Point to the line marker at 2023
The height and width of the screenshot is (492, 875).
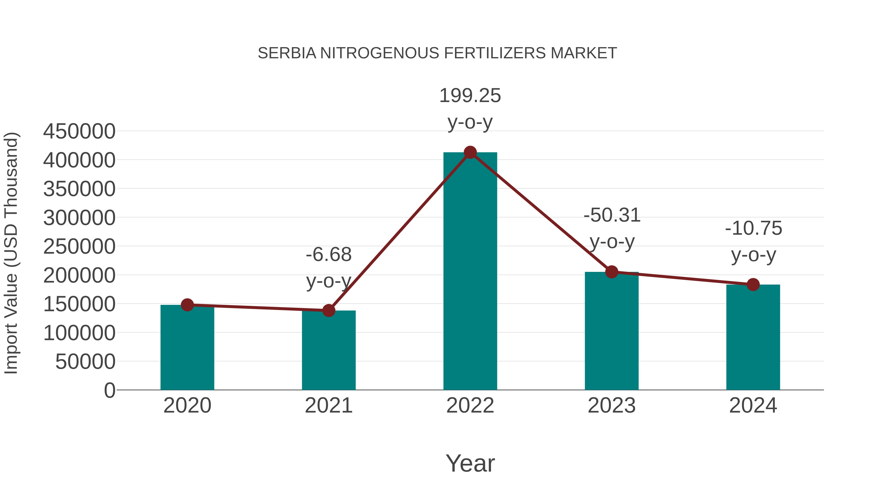tap(612, 272)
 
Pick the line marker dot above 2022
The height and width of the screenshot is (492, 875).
tap(470, 152)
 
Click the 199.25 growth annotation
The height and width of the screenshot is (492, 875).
tap(470, 95)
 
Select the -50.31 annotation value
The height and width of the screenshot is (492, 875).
tap(612, 215)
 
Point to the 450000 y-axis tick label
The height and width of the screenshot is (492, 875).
tap(79, 131)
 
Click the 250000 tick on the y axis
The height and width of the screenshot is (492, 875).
tap(79, 247)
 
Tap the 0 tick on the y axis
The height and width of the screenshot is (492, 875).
tap(110, 390)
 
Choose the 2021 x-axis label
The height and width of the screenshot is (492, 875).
tap(328, 406)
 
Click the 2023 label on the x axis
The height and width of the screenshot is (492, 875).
tap(612, 406)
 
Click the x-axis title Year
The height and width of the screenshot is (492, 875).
tap(470, 463)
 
